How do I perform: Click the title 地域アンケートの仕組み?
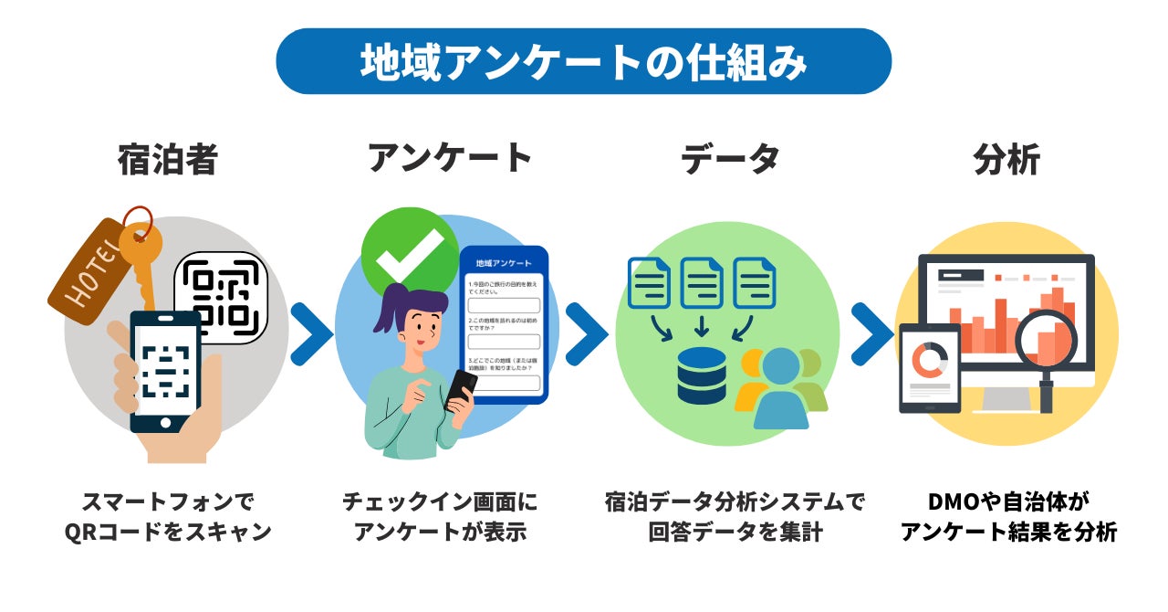coord(583,62)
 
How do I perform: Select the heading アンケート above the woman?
coord(450,158)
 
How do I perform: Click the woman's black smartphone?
coord(460,391)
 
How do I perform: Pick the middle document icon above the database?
coord(702,283)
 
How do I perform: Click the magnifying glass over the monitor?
coord(1045,343)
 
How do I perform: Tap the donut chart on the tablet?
coord(930,360)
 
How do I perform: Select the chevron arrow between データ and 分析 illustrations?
coord(871,334)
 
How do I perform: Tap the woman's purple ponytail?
coord(387,306)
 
